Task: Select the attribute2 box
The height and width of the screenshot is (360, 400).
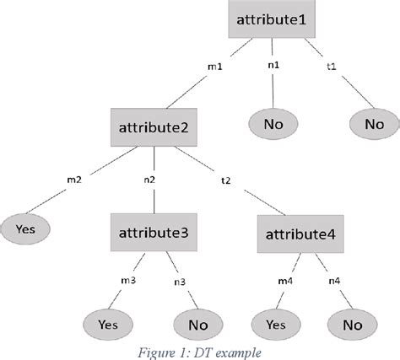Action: (x=153, y=130)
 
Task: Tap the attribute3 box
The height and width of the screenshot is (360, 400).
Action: (x=154, y=228)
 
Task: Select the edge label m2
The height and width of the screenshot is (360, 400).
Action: (x=74, y=180)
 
